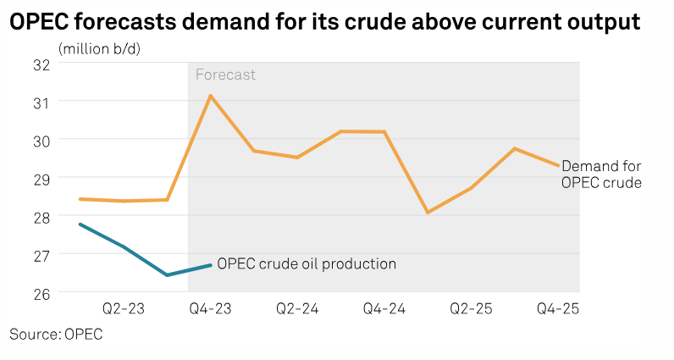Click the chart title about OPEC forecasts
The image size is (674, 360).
pyautogui.click(x=324, y=23)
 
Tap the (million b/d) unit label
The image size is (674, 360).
pyautogui.click(x=99, y=48)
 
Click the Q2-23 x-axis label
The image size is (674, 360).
pyautogui.click(x=124, y=309)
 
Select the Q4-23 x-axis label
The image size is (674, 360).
pyautogui.click(x=210, y=309)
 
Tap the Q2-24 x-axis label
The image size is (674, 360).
pyautogui.click(x=297, y=309)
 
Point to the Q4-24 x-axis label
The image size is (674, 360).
pyautogui.click(x=384, y=309)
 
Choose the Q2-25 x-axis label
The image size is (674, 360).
pyautogui.click(x=472, y=309)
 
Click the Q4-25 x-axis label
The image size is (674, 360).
pyautogui.click(x=558, y=309)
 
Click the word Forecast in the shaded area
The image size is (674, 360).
pyautogui.click(x=225, y=75)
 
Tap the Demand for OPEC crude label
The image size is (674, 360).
pyautogui.click(x=602, y=174)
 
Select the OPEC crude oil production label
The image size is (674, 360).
pyautogui.click(x=307, y=263)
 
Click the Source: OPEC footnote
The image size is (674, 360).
pyautogui.click(x=56, y=335)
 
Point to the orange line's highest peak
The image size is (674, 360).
pyautogui.click(x=210, y=95)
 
